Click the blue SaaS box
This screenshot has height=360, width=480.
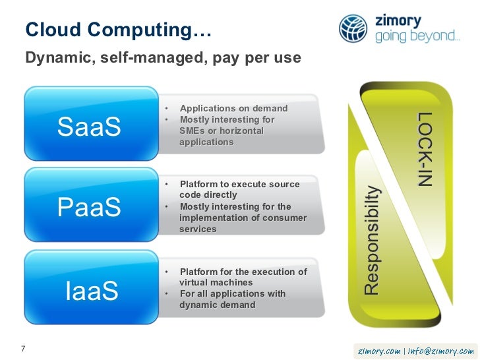click(90, 127)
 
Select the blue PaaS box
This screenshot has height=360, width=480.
click(90, 208)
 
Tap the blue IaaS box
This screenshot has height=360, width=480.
click(90, 290)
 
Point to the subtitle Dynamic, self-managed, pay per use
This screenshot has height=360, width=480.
click(163, 59)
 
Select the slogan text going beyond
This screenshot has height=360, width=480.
click(417, 37)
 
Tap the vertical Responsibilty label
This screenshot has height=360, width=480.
click(373, 240)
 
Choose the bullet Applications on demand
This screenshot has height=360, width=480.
click(233, 108)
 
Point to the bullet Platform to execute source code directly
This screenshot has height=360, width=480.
click(239, 190)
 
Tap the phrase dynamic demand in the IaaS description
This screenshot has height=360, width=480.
click(217, 305)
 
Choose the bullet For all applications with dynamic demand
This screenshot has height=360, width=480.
click(231, 299)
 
